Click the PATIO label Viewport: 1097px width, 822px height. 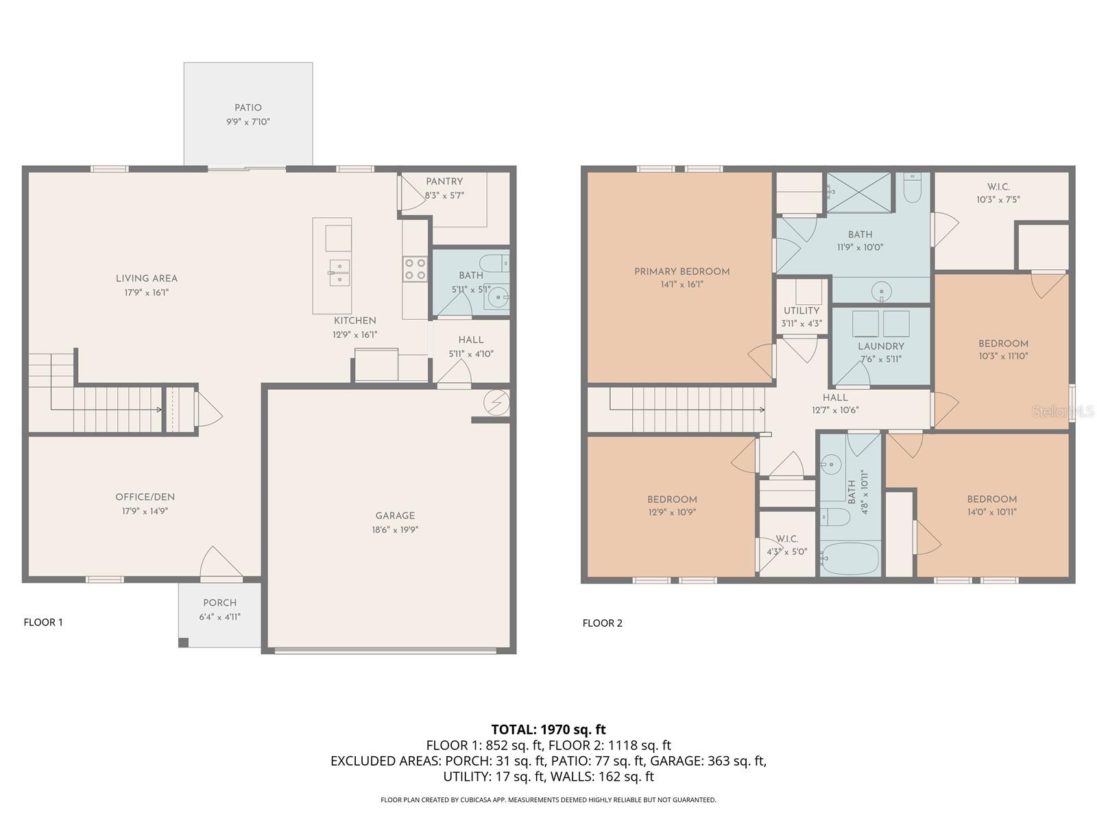(x=248, y=108)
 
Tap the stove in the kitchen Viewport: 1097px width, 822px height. (x=414, y=268)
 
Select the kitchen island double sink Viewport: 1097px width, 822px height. (x=339, y=272)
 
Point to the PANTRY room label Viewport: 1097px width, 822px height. (x=444, y=182)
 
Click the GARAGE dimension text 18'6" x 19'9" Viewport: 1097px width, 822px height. (x=395, y=530)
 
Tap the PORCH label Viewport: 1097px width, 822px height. (x=219, y=603)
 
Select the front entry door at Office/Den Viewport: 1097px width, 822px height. (x=221, y=563)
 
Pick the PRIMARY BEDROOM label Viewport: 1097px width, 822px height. (x=682, y=271)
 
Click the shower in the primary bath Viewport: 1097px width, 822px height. (x=858, y=192)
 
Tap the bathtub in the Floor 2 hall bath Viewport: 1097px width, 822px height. (x=850, y=559)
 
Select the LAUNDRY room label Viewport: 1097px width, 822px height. (x=880, y=347)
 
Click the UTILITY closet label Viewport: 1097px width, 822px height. (x=801, y=310)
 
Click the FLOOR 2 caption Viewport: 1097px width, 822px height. (x=602, y=623)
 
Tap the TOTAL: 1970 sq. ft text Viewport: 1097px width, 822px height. (x=548, y=730)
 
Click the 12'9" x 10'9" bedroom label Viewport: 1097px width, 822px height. (x=672, y=506)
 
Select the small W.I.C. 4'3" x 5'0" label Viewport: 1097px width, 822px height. (x=786, y=545)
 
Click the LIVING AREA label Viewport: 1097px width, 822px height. (x=146, y=278)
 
